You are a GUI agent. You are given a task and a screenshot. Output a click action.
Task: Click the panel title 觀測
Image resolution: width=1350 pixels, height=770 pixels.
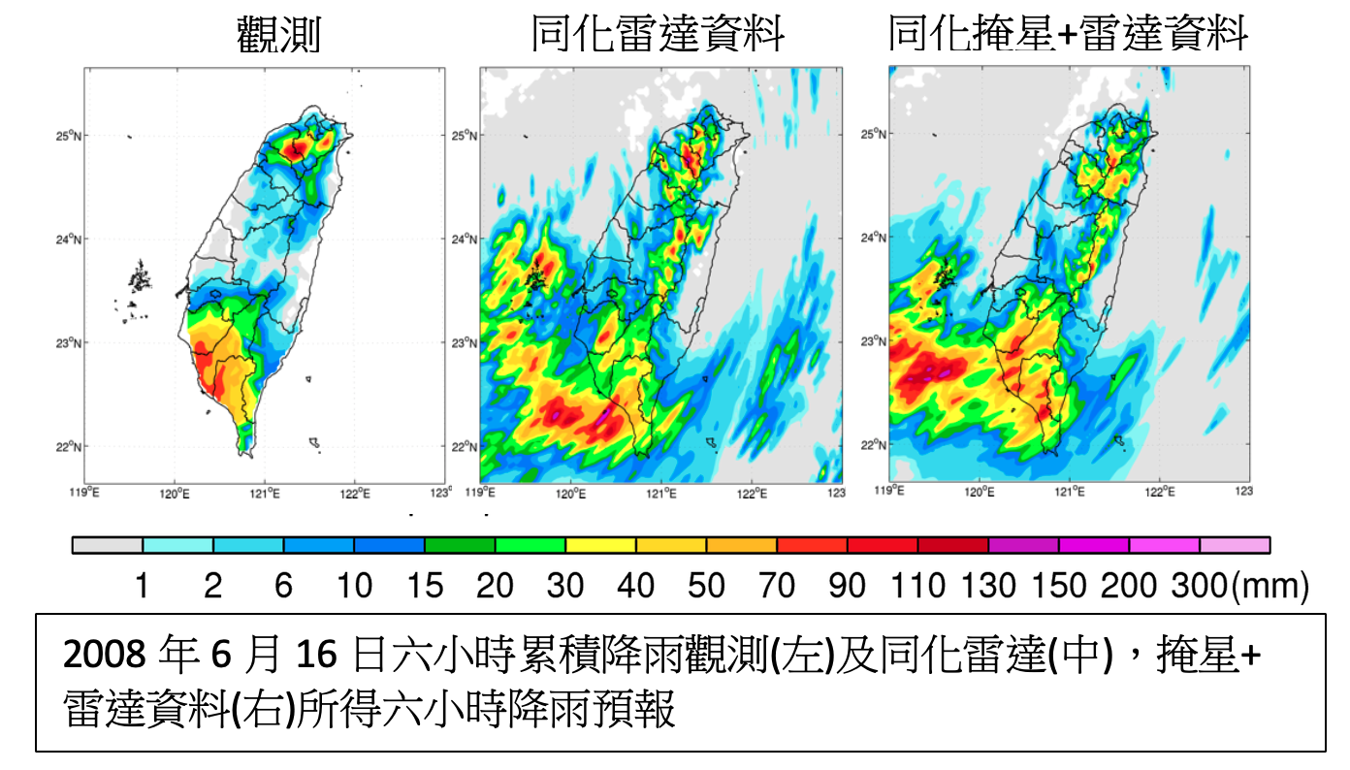277,37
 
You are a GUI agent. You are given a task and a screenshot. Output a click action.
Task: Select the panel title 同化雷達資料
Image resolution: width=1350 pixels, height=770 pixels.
659,36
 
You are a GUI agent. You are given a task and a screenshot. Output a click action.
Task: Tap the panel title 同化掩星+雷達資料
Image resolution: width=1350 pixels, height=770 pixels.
1068,35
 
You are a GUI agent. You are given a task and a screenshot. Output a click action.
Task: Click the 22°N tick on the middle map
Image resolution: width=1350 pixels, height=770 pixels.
464,447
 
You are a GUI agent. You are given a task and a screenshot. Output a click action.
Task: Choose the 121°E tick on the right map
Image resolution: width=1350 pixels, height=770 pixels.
1070,493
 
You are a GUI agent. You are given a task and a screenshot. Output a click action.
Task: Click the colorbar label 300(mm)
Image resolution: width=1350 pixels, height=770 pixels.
1240,586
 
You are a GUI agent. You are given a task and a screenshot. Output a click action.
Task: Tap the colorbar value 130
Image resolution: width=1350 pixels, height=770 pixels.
988,586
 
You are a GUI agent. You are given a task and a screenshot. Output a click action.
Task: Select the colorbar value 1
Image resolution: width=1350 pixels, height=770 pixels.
143,586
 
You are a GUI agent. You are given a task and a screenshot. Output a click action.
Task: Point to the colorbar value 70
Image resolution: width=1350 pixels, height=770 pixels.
777,586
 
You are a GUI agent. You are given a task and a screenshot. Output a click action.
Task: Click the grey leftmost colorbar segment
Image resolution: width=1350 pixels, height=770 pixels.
108,546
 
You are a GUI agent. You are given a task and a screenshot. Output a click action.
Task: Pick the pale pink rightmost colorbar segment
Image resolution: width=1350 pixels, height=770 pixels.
1235,546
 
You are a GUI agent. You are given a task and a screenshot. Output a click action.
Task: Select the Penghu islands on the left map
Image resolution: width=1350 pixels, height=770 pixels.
141,280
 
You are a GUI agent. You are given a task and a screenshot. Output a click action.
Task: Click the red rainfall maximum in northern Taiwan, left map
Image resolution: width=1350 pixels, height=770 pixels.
297,148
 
